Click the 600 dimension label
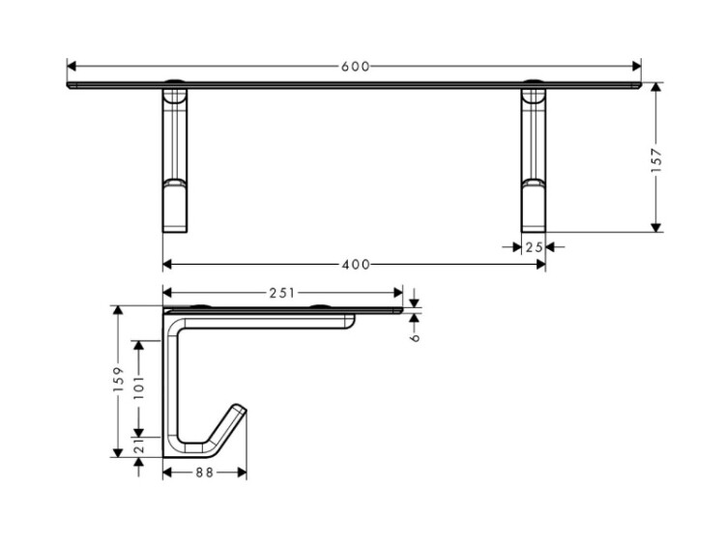point(355,67)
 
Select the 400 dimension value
point(356,265)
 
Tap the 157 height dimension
point(656,160)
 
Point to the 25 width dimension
point(534,247)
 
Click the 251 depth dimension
point(281,293)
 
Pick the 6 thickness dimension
point(415,337)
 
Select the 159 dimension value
point(118,380)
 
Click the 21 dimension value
point(138,445)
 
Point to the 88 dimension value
point(204,472)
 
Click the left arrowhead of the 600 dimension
point(72,66)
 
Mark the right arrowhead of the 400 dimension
point(541,265)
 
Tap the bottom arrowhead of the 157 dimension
point(655,227)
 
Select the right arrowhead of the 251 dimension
point(398,293)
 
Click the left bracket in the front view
point(175,157)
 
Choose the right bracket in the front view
point(534,157)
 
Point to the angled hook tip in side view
point(241,409)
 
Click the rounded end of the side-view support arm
point(351,322)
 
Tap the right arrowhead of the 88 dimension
point(242,472)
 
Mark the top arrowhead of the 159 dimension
point(118,310)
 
